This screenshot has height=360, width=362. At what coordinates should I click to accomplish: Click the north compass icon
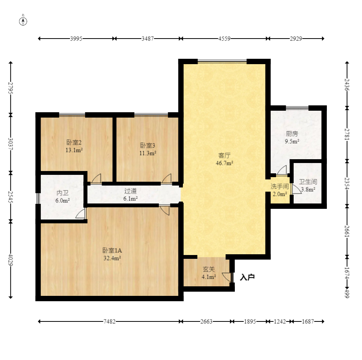[23, 21]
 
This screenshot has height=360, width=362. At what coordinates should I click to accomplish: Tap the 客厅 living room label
[224, 155]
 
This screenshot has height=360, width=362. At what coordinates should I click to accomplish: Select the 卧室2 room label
[74, 142]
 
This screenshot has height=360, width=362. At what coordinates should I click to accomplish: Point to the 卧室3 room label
[147, 145]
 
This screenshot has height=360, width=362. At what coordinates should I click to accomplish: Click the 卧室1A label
[112, 250]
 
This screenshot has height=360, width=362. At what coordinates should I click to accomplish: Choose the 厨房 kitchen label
[292, 134]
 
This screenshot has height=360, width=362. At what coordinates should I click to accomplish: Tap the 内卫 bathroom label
[62, 193]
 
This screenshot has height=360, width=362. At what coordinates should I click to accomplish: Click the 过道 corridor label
[131, 191]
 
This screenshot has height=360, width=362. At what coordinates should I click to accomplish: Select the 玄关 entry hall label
[209, 269]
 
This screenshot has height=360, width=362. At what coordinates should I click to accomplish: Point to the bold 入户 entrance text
[247, 277]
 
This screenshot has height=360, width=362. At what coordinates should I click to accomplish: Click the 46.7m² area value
[225, 163]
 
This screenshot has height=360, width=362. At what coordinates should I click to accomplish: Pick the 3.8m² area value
[308, 189]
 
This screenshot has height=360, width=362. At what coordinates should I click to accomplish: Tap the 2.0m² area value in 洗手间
[280, 194]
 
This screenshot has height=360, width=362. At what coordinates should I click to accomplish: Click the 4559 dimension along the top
[225, 39]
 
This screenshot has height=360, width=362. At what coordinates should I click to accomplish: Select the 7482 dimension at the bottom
[110, 321]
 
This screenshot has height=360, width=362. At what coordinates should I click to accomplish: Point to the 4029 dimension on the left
[10, 260]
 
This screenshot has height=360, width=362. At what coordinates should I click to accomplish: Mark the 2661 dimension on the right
[347, 231]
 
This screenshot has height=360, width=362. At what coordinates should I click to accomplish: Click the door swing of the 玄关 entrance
[227, 277]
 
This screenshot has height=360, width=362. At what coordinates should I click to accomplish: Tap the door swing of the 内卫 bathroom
[80, 213]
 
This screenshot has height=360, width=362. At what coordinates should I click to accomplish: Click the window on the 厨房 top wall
[297, 107]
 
